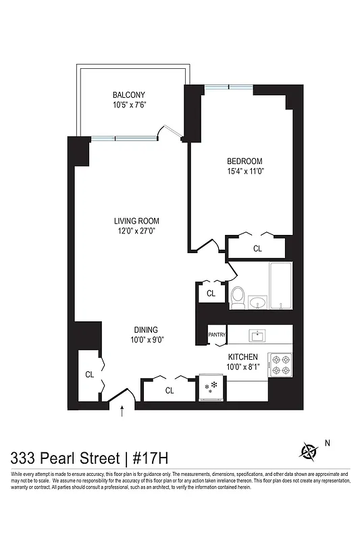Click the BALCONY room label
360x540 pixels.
128,95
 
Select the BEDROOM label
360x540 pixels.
244,161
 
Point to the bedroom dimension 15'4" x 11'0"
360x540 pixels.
244,171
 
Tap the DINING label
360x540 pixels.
145,330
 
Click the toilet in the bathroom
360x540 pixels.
238,296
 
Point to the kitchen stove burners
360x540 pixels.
280,364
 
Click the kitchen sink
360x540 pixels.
257,335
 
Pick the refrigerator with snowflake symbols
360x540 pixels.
211,387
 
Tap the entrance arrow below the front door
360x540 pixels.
122,411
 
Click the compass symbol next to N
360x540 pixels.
309,450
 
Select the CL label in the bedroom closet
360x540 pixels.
257,249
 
